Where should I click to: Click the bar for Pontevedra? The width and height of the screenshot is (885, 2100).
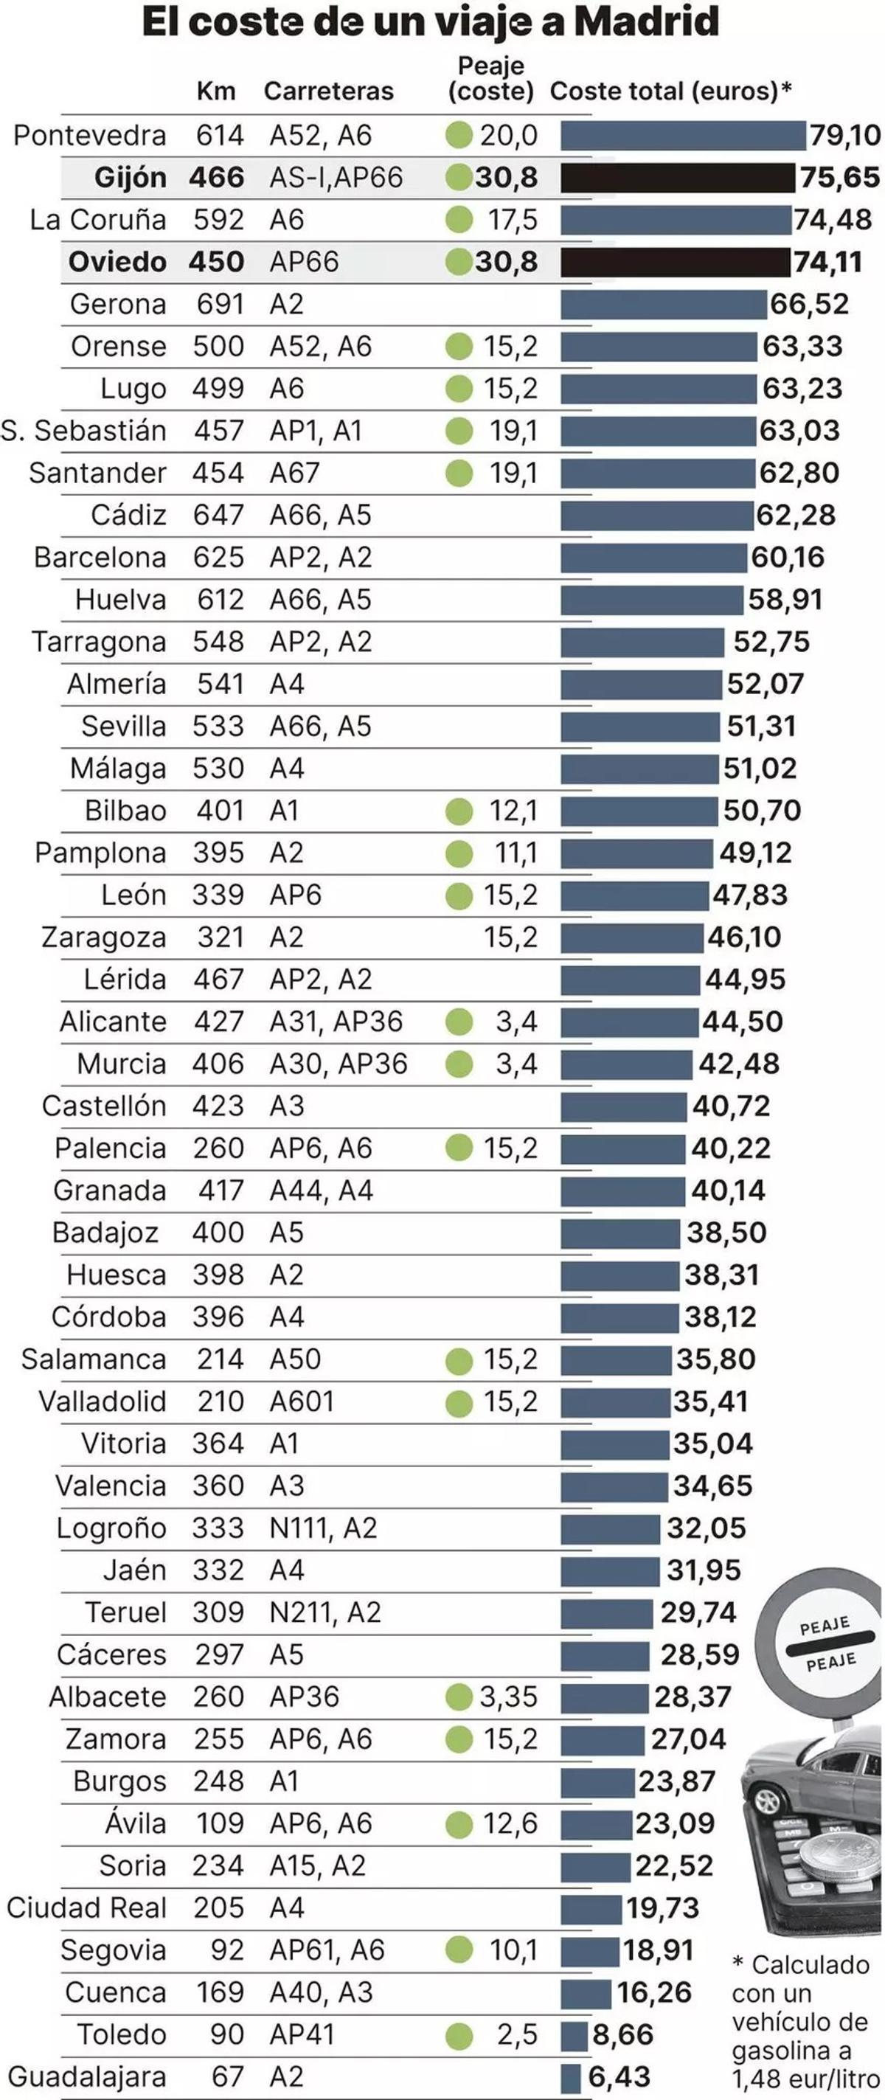click(x=683, y=135)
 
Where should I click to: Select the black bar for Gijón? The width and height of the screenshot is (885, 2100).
click(x=677, y=178)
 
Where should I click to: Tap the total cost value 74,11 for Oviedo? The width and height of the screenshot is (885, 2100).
click(x=828, y=262)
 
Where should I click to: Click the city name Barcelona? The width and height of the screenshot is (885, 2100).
click(x=100, y=558)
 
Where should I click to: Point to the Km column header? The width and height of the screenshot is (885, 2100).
click(x=216, y=91)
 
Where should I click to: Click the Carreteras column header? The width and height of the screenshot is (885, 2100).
click(x=328, y=91)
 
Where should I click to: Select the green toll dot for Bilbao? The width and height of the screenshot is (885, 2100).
click(x=459, y=811)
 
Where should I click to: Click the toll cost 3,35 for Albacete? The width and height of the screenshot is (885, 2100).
click(x=509, y=1697)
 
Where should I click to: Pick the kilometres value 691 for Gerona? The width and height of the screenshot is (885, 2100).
click(x=220, y=304)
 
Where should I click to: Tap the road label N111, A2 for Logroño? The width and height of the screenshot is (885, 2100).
click(x=324, y=1528)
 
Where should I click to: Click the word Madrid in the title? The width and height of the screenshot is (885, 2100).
click(x=646, y=22)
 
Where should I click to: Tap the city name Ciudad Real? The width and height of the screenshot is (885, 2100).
click(x=86, y=1907)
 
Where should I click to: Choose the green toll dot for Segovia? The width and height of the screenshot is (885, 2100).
click(x=459, y=1950)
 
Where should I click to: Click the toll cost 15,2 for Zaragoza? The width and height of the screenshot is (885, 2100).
click(x=511, y=938)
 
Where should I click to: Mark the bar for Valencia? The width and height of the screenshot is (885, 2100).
click(x=614, y=1486)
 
